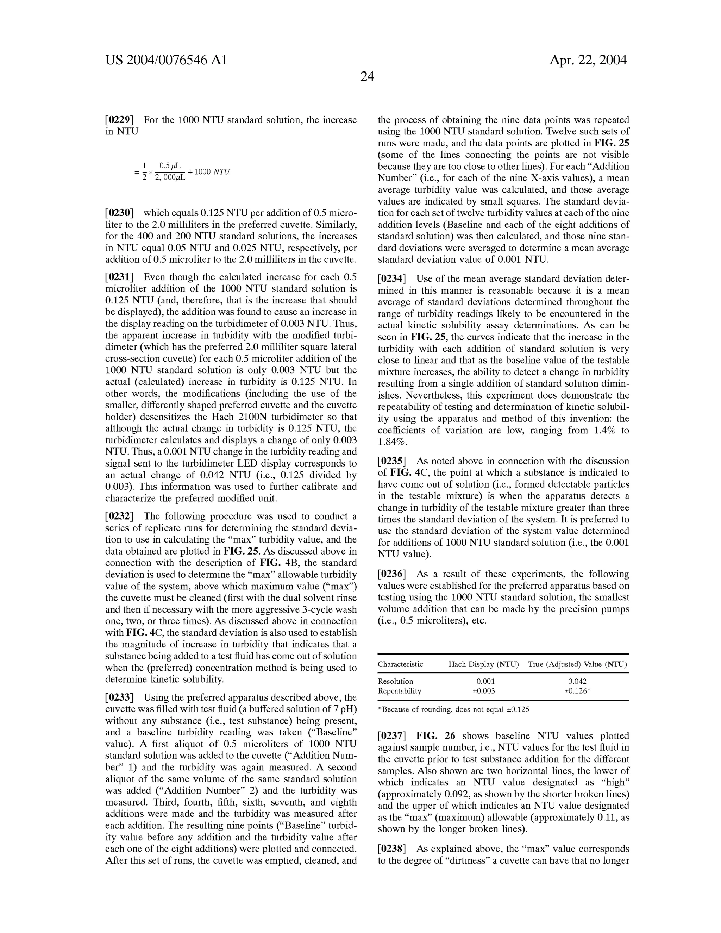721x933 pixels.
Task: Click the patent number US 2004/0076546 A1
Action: pos(166,60)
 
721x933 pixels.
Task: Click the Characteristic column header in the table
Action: pos(400,664)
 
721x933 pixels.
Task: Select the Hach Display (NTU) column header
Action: pos(483,664)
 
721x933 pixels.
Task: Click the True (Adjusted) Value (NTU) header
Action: pos(577,664)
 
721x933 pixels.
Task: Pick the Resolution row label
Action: pos(395,681)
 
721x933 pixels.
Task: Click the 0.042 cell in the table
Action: pos(577,681)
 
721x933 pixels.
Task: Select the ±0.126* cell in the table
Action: pos(577,691)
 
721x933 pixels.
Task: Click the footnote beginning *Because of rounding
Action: pos(453,709)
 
